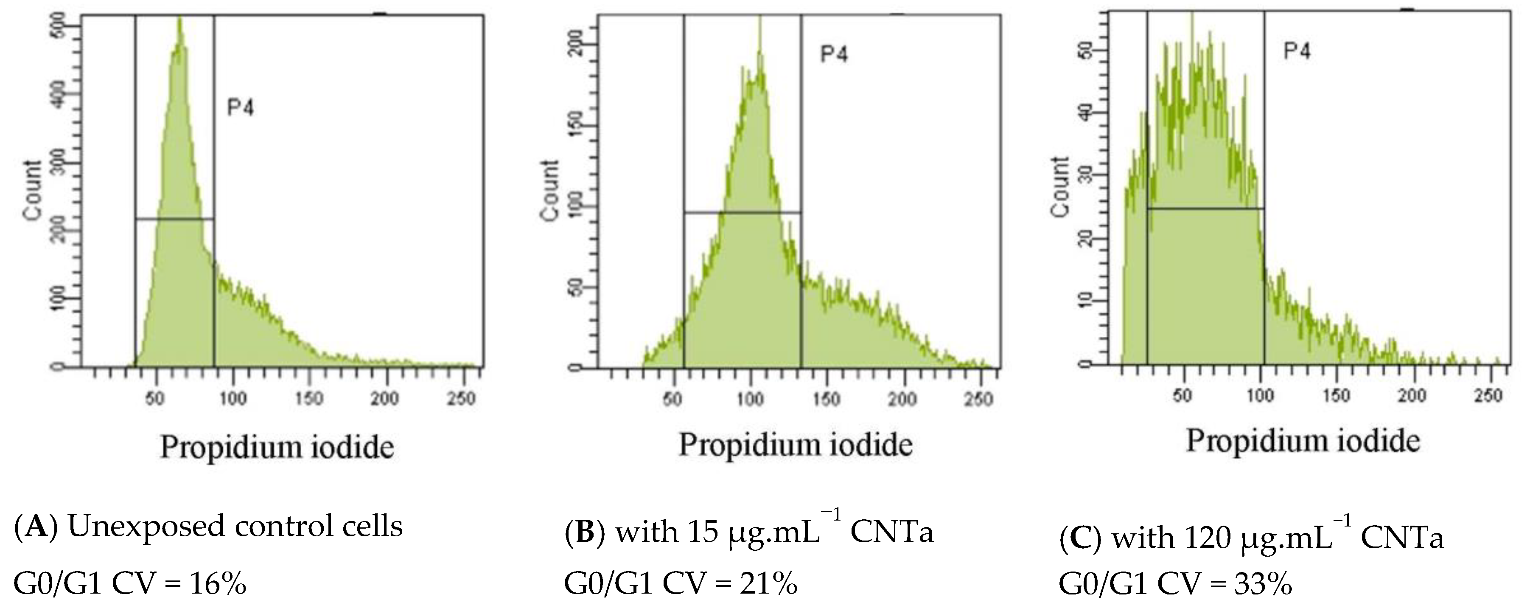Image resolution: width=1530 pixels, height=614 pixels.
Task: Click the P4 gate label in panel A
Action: (241, 109)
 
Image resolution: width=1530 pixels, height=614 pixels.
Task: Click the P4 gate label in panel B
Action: (834, 55)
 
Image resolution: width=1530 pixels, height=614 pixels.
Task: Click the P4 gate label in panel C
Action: (1297, 51)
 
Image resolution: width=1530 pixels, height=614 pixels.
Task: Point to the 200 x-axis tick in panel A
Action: (385, 397)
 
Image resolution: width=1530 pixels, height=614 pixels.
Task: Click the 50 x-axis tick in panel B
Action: (673, 399)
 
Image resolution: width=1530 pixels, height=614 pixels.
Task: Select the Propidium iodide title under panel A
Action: (277, 447)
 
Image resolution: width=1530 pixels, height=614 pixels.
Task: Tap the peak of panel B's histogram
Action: (759, 21)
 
